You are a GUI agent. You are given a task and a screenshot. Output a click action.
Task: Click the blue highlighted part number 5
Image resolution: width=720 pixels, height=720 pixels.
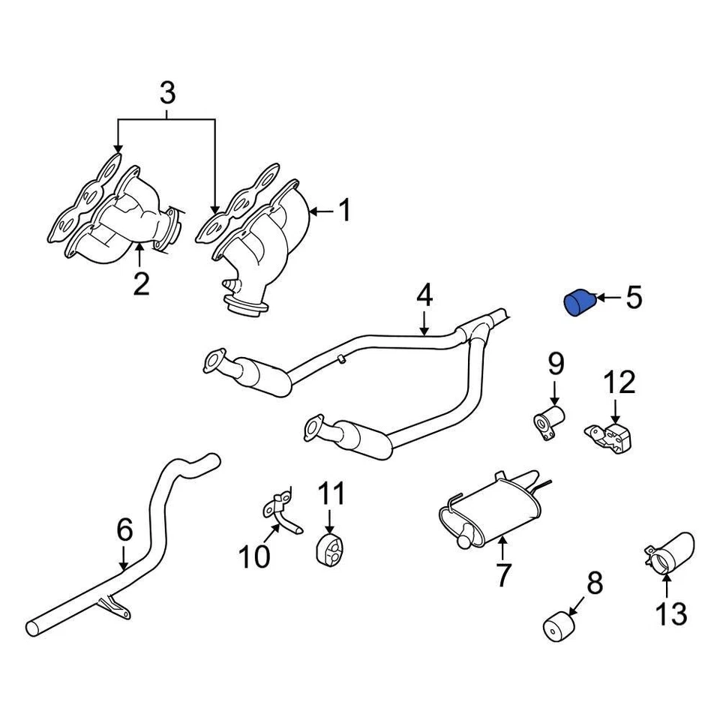coord(578,304)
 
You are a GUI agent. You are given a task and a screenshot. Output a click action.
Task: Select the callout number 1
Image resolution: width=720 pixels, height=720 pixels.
coord(343,211)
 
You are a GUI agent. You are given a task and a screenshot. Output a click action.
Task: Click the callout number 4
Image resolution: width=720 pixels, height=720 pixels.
coord(424,296)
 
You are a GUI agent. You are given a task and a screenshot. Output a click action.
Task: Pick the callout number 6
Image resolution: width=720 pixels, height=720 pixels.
coord(124,530)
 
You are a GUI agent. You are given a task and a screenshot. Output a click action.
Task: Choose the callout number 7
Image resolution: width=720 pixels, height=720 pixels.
coord(502,575)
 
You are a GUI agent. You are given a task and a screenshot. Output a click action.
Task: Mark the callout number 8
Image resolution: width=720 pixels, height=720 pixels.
coord(594,583)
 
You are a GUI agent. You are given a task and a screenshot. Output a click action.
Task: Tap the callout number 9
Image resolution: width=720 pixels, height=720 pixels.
coord(555,364)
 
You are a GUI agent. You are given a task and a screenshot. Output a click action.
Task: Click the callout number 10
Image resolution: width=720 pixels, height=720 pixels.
coord(254,556)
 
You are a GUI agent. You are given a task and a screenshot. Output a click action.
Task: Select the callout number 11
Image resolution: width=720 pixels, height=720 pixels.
coord(331,495)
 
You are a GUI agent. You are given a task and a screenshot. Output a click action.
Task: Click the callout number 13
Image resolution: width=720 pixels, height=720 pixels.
coord(670,613)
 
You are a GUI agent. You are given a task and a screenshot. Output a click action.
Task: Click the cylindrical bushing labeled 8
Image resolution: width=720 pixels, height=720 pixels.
coord(558,627)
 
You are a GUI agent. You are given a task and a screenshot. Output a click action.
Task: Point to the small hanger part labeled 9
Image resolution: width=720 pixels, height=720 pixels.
coord(549,420)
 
